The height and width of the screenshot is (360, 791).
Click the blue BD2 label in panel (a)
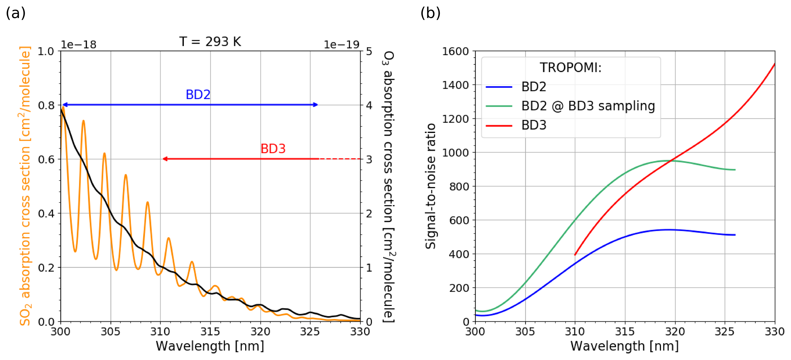click(198, 95)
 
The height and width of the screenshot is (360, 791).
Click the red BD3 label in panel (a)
click(273, 149)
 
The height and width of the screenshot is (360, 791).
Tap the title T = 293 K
click(210, 41)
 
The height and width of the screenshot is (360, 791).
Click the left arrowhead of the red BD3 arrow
click(165, 159)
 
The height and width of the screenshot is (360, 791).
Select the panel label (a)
click(16, 13)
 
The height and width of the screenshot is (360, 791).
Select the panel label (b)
click(430, 13)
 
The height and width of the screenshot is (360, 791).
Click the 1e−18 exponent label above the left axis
click(79, 45)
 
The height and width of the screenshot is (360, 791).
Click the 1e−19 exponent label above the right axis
click(341, 45)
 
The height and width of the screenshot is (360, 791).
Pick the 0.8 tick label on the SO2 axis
click(46, 105)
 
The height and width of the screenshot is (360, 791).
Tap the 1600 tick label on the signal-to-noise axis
click(455, 51)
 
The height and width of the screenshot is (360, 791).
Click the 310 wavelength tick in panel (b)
click(575, 332)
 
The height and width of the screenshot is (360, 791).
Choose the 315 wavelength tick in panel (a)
click(210, 332)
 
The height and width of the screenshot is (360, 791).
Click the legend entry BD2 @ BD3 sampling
click(588, 106)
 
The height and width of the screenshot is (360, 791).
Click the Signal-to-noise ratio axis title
click(430, 186)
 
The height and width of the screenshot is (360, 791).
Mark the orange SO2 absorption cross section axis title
click(25, 186)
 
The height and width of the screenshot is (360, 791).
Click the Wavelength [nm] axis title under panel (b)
click(624, 346)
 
